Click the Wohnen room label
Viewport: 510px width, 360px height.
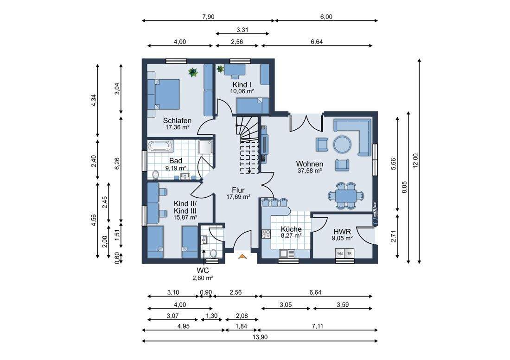(309, 164)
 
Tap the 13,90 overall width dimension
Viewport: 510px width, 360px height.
(260, 337)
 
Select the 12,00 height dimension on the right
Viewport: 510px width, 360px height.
(415, 161)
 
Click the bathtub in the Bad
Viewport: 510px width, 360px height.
(161, 146)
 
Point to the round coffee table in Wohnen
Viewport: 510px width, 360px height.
(342, 144)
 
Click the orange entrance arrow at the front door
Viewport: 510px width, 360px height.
(242, 257)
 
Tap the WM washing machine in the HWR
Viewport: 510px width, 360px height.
(340, 253)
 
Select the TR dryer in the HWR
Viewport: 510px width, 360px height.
(350, 253)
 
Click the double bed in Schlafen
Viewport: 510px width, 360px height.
(164, 95)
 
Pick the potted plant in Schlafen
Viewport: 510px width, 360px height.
(193, 72)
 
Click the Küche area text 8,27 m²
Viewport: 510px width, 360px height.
(291, 236)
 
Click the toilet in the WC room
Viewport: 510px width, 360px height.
(213, 253)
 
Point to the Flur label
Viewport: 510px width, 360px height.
(238, 190)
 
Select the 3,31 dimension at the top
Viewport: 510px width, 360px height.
(242, 30)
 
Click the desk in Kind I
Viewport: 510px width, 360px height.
(235, 70)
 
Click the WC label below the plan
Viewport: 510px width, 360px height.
(203, 270)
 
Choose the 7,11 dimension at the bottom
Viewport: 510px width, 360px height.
(317, 326)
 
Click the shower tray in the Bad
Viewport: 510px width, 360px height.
(205, 147)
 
